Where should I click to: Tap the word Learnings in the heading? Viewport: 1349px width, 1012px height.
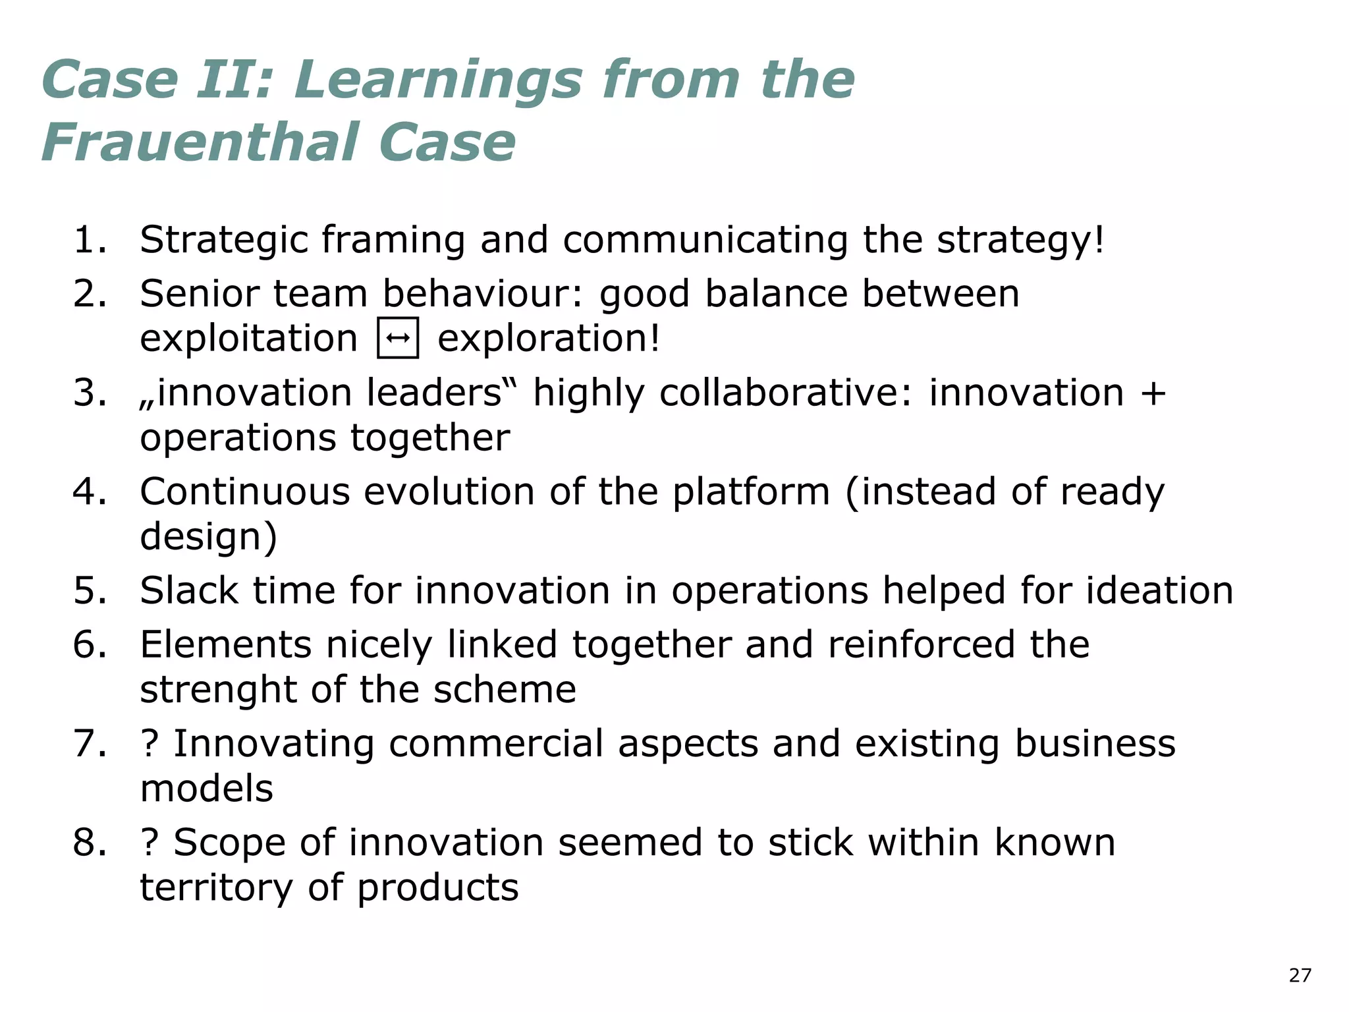click(x=438, y=80)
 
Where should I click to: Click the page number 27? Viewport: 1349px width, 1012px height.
click(x=1300, y=975)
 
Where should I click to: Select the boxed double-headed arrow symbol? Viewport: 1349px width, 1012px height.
click(x=398, y=338)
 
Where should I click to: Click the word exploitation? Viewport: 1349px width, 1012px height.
click(x=248, y=339)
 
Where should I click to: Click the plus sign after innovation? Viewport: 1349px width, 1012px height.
click(x=1153, y=394)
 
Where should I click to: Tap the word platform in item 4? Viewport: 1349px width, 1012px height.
click(x=750, y=492)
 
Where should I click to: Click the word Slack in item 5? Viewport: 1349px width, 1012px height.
click(x=189, y=590)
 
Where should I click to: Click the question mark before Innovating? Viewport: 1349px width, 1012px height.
click(x=150, y=744)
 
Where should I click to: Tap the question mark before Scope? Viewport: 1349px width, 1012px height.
click(x=150, y=843)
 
